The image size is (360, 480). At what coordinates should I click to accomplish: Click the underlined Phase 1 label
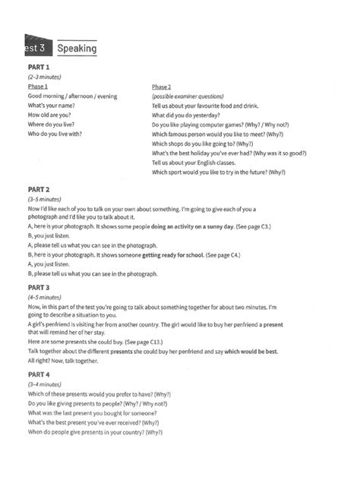tap(39, 87)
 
